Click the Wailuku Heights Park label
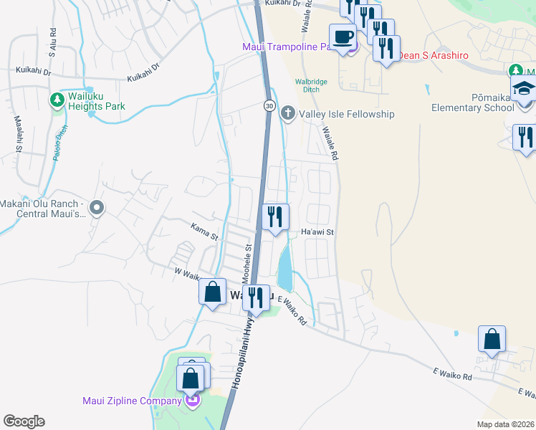97,101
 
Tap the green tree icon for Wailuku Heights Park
57,100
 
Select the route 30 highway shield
267,105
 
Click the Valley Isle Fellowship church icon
287,113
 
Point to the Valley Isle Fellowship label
347,114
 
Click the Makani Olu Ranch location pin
98,208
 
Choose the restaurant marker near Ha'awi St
275,216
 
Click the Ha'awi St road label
317,232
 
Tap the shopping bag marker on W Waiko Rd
212,292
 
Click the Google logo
24,421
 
